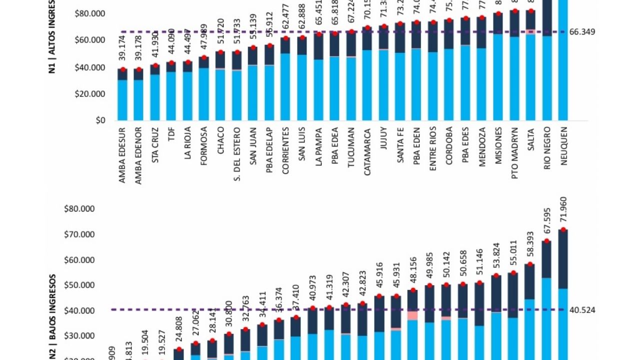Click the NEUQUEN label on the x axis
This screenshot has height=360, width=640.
point(563,148)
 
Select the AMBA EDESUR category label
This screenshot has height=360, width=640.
point(122,154)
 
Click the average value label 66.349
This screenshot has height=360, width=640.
point(582,32)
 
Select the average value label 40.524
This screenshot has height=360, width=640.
point(582,310)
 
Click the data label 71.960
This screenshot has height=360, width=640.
point(563,210)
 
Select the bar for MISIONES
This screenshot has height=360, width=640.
point(498,67)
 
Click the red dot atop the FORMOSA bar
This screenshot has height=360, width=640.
point(204,57)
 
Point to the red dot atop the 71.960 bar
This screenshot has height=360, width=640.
point(563,229)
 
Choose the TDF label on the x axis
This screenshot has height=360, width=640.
point(171,133)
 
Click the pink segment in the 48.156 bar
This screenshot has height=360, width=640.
point(412,315)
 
